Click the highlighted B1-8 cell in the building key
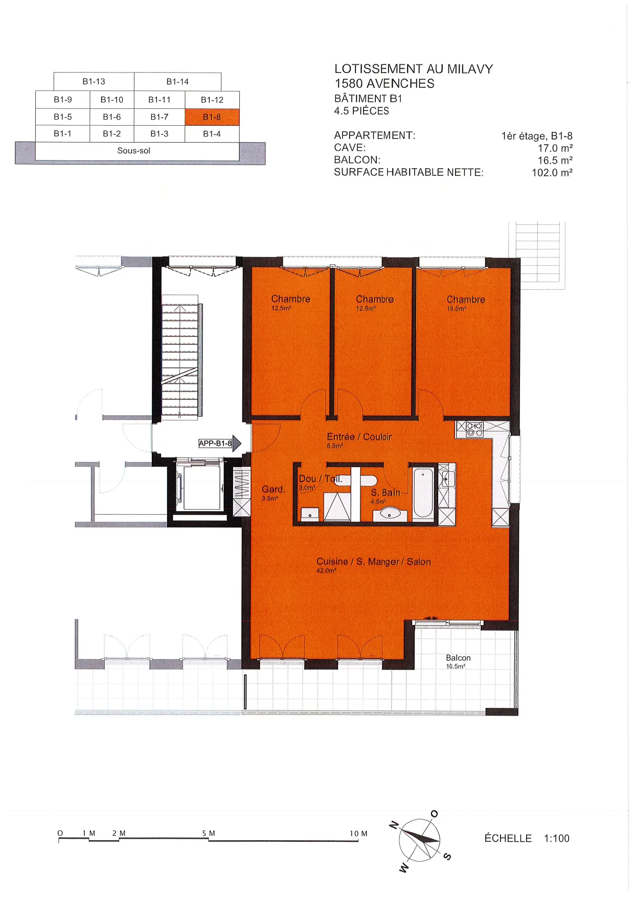tap(212, 117)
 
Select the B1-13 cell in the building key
tap(94, 82)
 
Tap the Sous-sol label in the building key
tap(133, 151)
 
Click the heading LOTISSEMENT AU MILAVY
tap(414, 69)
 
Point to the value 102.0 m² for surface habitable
tap(552, 173)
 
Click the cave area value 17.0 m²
tap(555, 148)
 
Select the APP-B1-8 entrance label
tap(215, 443)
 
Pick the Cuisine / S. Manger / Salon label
tap(374, 562)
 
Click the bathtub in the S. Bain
tap(423, 493)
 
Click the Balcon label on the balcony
tap(458, 658)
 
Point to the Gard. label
tap(274, 490)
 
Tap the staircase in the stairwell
tap(180, 357)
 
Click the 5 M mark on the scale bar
tap(209, 833)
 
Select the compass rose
tap(419, 839)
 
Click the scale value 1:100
tap(557, 838)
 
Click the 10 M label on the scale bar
tap(358, 834)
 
